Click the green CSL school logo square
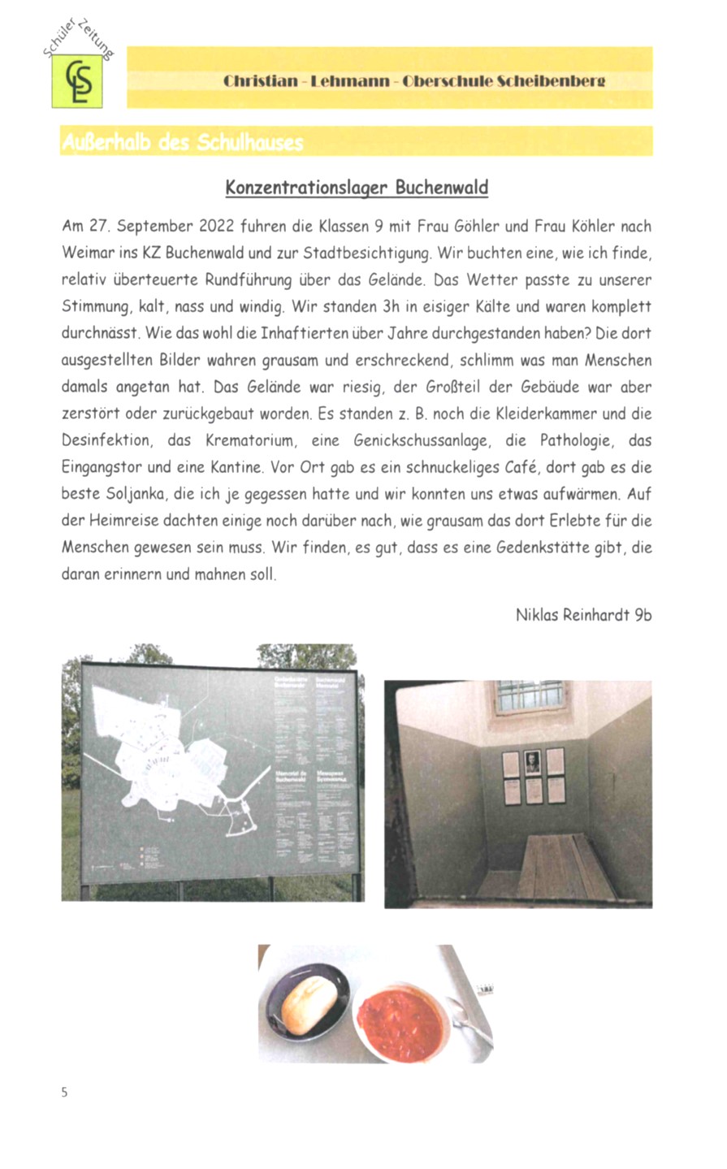click(x=77, y=81)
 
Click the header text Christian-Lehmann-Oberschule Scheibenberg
click(x=414, y=81)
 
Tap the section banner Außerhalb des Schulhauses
click(x=182, y=143)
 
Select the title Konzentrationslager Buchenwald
click(x=357, y=188)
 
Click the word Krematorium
click(x=244, y=441)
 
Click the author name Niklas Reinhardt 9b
click(x=583, y=615)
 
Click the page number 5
click(x=65, y=1092)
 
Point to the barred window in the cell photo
click(x=528, y=696)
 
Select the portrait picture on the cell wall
click(x=533, y=762)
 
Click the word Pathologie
click(x=575, y=441)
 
